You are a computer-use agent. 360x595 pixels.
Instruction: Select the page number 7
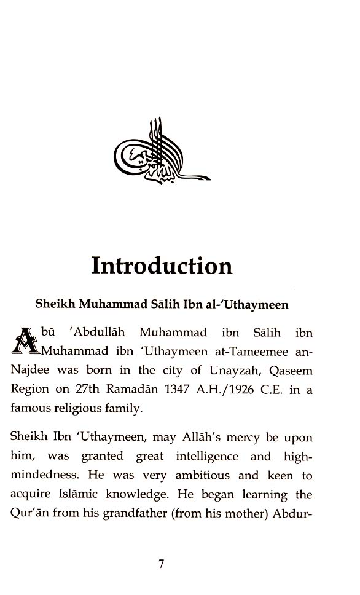coord(162,564)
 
